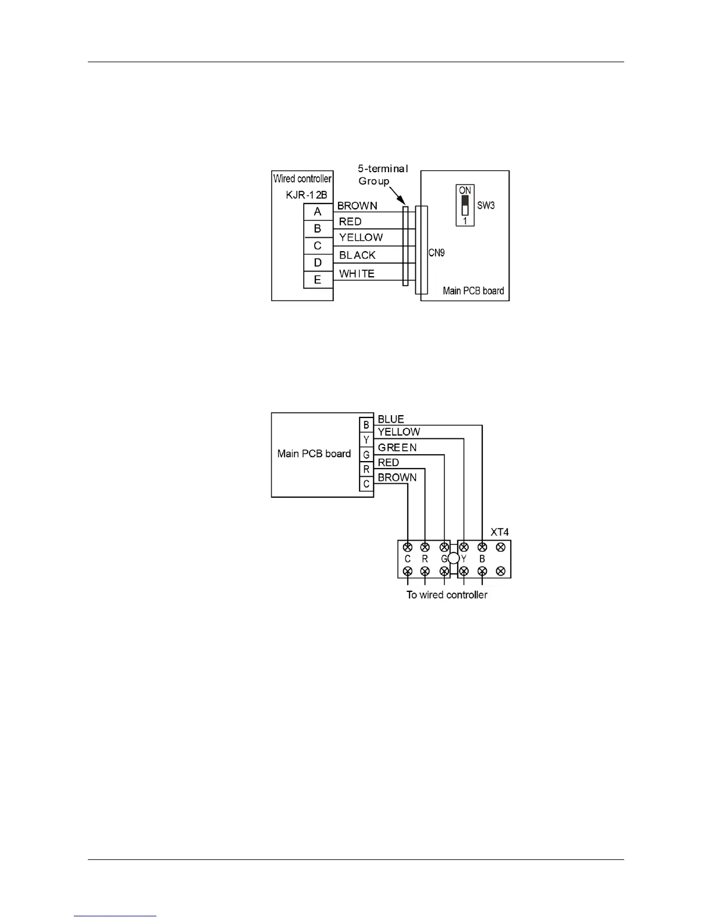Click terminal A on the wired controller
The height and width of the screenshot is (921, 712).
click(x=318, y=212)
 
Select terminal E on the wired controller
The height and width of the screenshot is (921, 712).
click(x=318, y=280)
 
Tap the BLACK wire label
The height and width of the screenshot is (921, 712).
click(x=357, y=255)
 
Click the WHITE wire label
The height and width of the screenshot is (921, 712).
click(x=357, y=274)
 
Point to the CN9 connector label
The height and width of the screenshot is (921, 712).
click(x=436, y=254)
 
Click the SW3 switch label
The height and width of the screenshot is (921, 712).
click(x=486, y=206)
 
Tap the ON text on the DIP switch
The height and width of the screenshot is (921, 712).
click(x=465, y=191)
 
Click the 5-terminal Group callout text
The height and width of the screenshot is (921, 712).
click(x=383, y=174)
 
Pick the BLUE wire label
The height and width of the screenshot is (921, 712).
click(x=391, y=419)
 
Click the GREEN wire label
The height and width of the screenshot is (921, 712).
click(x=397, y=448)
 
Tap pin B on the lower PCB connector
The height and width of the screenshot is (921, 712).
click(x=366, y=426)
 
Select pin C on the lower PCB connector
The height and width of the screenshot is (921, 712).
click(x=366, y=484)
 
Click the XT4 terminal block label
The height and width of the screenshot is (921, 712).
click(x=500, y=532)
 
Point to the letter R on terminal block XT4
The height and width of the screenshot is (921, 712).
click(x=425, y=559)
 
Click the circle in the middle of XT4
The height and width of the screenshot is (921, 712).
click(x=454, y=559)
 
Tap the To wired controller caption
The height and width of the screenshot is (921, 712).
click(x=447, y=595)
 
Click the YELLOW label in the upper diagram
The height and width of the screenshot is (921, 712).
click(x=361, y=237)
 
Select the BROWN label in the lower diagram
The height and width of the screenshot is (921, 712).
click(x=397, y=477)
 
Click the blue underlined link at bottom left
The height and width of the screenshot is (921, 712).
click(x=116, y=916)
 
